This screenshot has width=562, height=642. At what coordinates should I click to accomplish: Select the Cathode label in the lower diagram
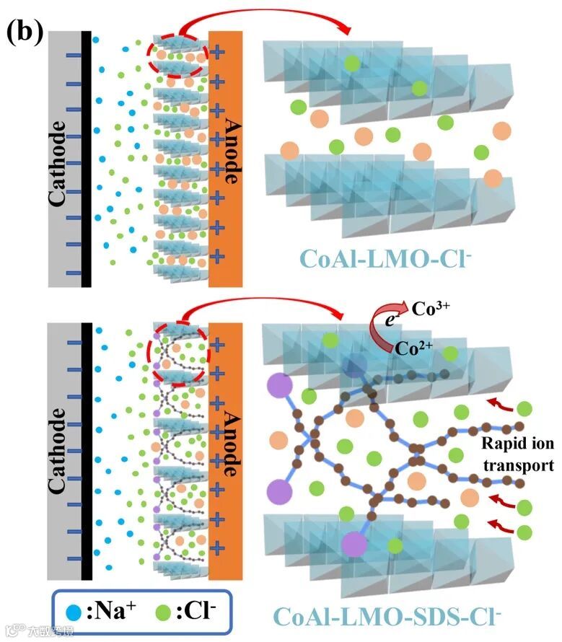[x=61, y=451]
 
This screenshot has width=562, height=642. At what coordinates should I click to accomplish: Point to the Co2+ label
[x=413, y=347]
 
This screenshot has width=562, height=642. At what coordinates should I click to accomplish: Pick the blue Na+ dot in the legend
[x=74, y=613]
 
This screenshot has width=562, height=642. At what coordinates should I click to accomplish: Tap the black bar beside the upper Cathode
[x=87, y=159]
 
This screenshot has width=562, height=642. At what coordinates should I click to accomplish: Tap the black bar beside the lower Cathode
[x=87, y=451]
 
